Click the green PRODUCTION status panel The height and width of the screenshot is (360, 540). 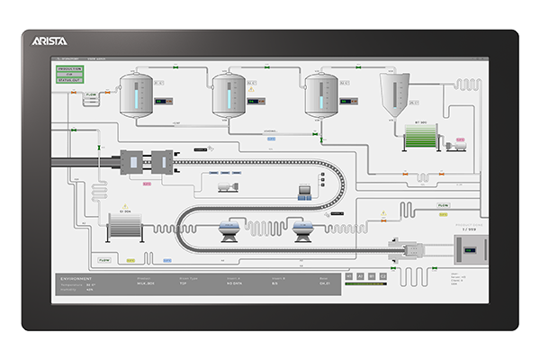click(70, 73)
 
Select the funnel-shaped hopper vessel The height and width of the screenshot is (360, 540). click(393, 95)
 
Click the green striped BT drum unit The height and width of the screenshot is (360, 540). click(420, 137)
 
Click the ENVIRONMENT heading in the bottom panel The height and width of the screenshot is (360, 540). click(78, 279)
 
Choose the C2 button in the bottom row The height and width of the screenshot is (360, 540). click(382, 276)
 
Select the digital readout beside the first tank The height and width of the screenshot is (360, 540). click(161, 101)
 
